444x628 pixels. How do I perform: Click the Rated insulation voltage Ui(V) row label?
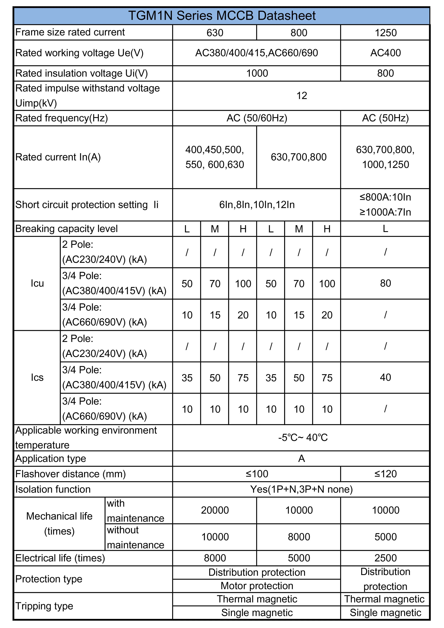point(81,73)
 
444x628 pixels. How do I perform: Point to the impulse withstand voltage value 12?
point(301,96)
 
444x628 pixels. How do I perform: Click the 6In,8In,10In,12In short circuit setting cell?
point(257,205)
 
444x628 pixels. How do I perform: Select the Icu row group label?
point(37,283)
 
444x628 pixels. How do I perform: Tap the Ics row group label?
point(37,377)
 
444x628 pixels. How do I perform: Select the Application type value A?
point(301,459)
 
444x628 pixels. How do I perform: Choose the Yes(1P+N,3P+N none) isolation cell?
point(301,489)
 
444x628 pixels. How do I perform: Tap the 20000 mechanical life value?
point(215,510)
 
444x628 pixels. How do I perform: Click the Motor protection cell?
point(257,586)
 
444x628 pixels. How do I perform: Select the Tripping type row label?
point(44,606)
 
